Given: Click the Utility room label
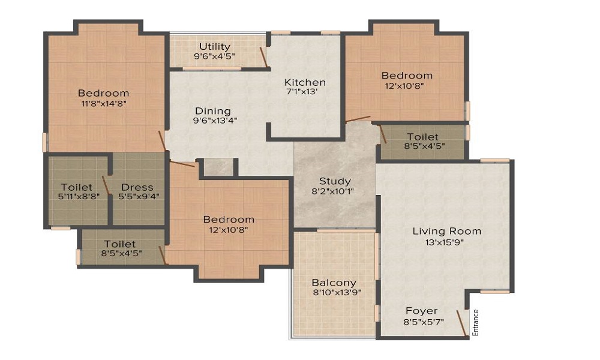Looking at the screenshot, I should coord(215,46).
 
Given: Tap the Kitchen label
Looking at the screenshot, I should coord(305,82).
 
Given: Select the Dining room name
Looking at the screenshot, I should coord(212,111).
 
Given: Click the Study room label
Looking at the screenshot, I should coord(335,181).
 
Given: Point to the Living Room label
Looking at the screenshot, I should coord(446,231).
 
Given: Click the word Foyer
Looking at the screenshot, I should coord(421,311).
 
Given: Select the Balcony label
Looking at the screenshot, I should coord(334,283).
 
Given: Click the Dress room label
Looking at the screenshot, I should coord(137,187).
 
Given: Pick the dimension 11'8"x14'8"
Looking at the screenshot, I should coord(103,103).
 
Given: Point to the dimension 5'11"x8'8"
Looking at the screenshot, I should coord(76,196).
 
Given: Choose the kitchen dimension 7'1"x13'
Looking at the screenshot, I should coord(305,92).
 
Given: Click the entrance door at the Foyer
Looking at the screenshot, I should coord(461,322).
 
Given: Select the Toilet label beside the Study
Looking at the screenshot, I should coord(422,137).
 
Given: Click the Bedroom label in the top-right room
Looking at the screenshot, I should coord(407,76).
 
